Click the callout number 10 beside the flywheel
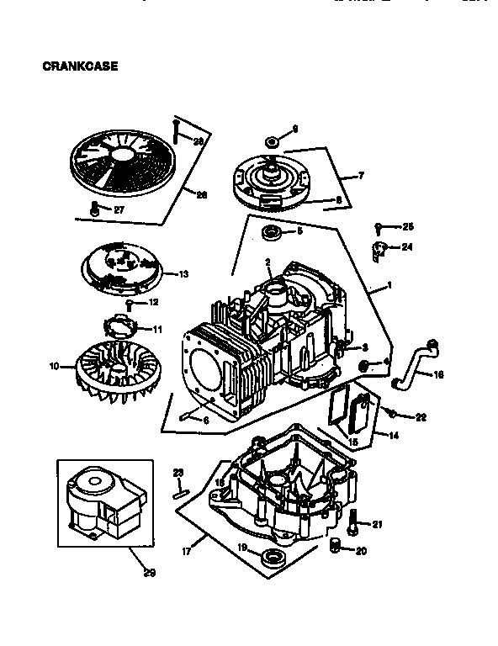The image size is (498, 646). [x=55, y=366]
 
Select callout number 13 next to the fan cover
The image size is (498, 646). [x=183, y=273]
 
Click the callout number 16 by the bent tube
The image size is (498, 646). [x=437, y=374]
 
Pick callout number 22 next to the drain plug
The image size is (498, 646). [x=421, y=417]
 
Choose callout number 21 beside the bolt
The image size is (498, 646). [x=377, y=525]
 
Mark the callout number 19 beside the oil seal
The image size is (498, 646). [x=241, y=547]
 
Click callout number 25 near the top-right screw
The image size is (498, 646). [x=409, y=226]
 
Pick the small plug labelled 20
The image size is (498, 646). [x=336, y=547]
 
